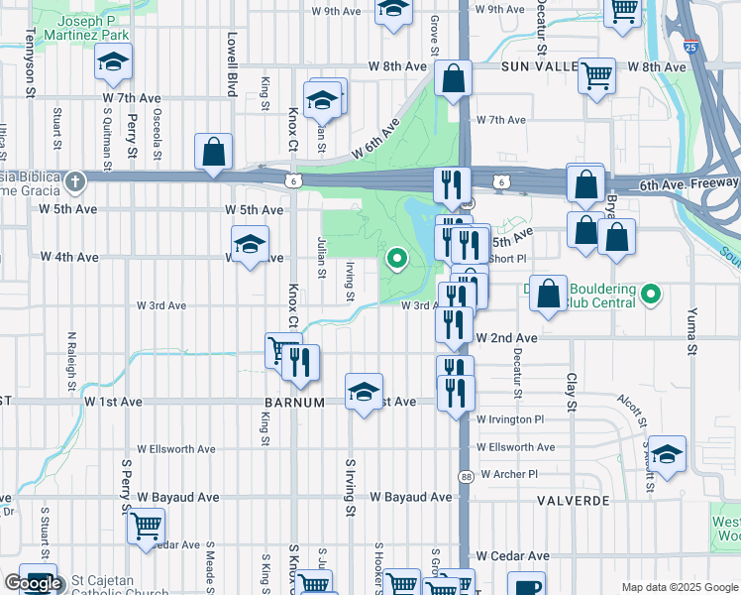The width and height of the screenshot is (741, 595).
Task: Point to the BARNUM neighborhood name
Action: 295,403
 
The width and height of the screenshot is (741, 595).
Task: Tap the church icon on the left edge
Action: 75,181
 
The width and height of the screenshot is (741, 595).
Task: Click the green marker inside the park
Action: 397,260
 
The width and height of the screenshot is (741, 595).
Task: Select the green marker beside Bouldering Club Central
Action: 650,294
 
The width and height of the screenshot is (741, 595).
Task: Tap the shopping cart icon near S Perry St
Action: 147,524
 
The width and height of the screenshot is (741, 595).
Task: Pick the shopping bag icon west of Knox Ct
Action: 213,152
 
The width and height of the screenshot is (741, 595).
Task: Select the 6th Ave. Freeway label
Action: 688,183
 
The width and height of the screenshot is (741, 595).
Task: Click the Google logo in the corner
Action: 33,583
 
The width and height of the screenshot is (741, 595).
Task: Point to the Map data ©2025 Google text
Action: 680,587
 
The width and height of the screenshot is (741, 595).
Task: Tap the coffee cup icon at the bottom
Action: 526,585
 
